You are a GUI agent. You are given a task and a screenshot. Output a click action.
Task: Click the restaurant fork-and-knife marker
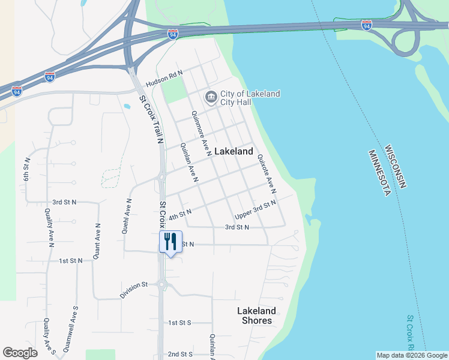point(170,242)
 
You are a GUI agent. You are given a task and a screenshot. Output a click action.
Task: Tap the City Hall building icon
point(211,97)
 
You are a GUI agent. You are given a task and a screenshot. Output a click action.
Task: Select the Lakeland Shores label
point(256,316)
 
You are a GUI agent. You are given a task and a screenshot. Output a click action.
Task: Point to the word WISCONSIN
point(396,166)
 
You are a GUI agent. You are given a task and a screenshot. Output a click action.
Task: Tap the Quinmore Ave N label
point(200,129)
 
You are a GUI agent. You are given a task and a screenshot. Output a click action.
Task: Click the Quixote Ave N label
point(267,173)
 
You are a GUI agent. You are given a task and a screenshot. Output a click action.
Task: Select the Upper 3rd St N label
point(255,209)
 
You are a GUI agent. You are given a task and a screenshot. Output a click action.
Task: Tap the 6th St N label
point(26,172)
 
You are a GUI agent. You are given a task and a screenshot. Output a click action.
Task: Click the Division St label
point(133,290)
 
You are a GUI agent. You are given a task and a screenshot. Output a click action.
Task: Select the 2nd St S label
point(179,355)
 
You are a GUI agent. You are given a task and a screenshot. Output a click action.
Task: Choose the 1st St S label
point(179,323)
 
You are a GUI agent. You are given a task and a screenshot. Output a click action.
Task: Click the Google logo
point(20,352)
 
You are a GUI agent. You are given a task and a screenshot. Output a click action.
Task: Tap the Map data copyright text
point(412,355)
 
